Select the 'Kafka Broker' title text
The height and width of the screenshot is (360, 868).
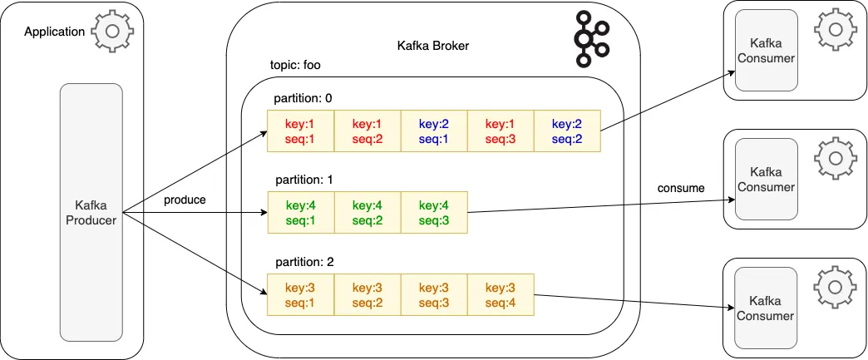click(x=432, y=46)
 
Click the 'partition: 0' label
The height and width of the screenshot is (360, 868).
click(x=303, y=98)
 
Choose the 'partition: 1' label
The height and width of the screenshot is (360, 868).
click(x=303, y=179)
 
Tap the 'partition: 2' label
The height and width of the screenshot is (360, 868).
click(x=303, y=261)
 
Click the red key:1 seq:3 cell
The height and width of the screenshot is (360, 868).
click(x=500, y=131)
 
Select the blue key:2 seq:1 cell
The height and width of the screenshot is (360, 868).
click(x=433, y=131)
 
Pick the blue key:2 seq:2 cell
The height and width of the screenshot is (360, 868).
click(x=566, y=131)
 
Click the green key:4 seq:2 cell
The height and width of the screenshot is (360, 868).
click(x=367, y=212)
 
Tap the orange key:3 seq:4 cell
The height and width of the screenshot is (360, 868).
click(x=500, y=293)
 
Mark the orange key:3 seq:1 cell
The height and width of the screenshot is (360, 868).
click(x=300, y=293)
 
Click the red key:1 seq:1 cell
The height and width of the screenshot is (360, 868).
click(x=300, y=131)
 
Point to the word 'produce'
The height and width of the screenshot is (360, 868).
click(x=185, y=200)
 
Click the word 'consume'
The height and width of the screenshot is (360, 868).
click(x=682, y=188)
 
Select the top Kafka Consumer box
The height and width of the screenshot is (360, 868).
click(x=766, y=50)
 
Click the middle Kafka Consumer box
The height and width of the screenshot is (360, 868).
click(x=766, y=179)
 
